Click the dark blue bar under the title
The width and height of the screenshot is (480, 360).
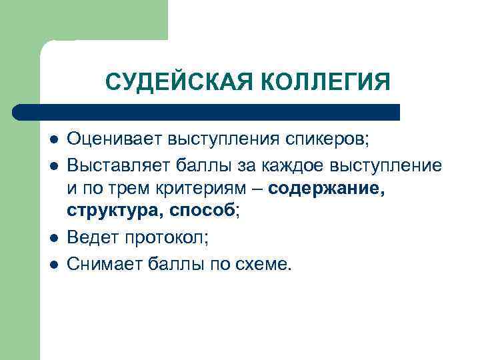[207, 111]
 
